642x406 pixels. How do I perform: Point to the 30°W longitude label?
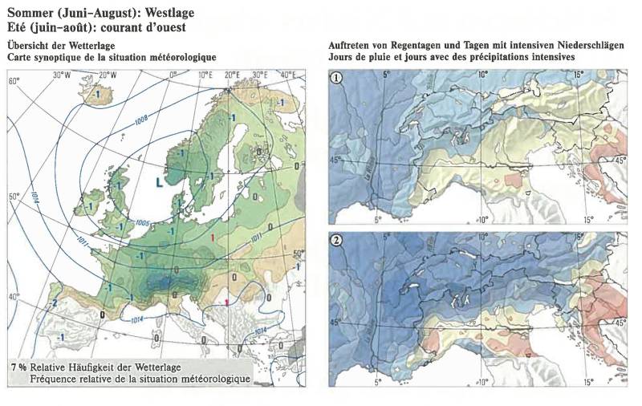click(63, 75)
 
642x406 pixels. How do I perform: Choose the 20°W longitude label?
click(107, 75)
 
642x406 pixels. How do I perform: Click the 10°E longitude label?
click(204, 75)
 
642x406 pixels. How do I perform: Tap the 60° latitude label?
click(14, 82)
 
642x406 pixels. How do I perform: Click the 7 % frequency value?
click(18, 366)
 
